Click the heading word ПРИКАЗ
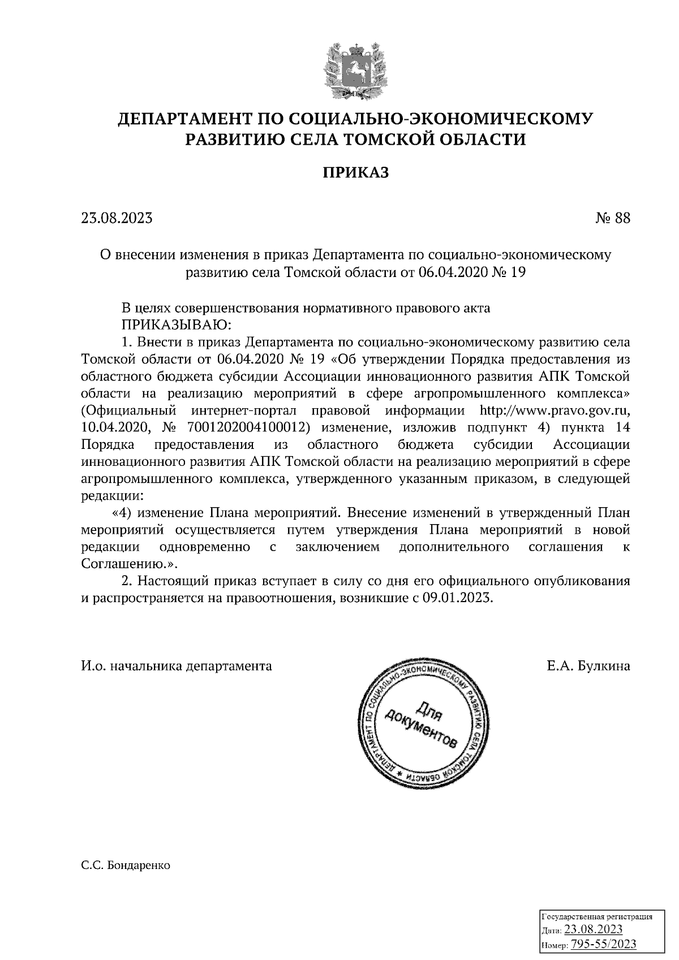(355, 172)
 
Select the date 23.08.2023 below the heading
(117, 218)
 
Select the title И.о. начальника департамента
(177, 666)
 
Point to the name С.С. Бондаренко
(126, 866)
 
